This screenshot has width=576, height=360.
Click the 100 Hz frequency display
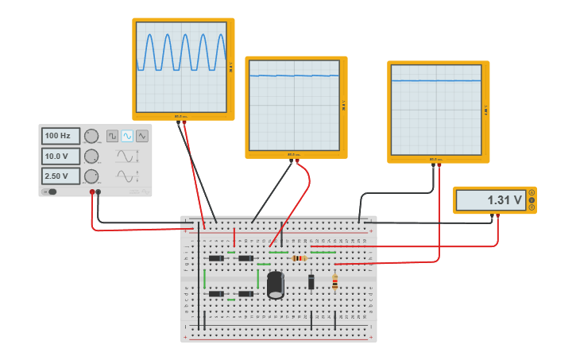pos(60,136)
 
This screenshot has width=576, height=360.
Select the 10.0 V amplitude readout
pos(60,156)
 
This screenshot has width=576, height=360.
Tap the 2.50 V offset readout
pos(60,176)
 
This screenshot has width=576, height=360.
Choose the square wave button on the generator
pos(113,136)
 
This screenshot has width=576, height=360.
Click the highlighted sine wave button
pos(127,136)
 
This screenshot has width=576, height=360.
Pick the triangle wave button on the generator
pos(141,136)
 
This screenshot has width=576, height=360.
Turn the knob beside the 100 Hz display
pos(91,136)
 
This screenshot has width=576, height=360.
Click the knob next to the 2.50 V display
pos(91,176)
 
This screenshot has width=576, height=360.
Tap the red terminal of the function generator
pos(92,192)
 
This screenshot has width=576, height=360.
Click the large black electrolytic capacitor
pos(275,285)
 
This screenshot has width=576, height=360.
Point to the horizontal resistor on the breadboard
pos(299,258)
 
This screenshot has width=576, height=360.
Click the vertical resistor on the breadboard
pos(334,282)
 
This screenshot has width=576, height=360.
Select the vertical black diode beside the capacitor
pos(311,281)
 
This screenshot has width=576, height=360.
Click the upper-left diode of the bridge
pos(216,258)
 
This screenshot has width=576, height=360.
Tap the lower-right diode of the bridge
pos(245,294)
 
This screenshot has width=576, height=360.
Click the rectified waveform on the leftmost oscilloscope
pos(183,52)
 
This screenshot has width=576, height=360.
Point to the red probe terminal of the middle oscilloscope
pos(297,161)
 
